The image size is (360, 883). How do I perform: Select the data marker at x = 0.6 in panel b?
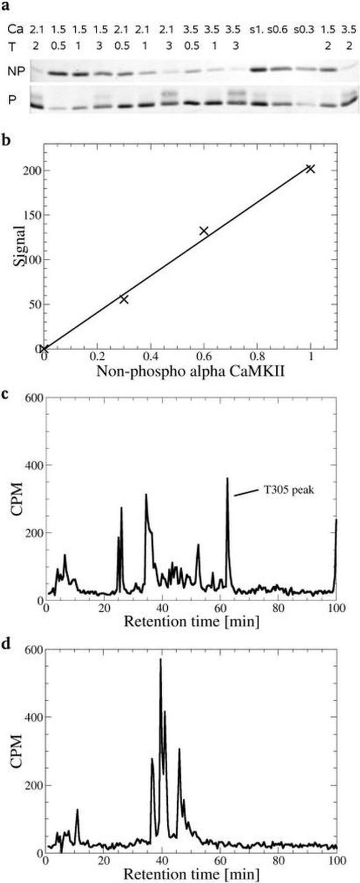point(204,231)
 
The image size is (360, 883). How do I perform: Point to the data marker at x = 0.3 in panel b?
point(124,299)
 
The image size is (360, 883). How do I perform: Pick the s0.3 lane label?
point(305,28)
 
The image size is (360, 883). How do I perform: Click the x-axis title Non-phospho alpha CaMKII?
point(191,371)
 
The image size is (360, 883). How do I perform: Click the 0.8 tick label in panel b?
point(258,358)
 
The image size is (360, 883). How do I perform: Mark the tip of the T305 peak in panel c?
point(227,478)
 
